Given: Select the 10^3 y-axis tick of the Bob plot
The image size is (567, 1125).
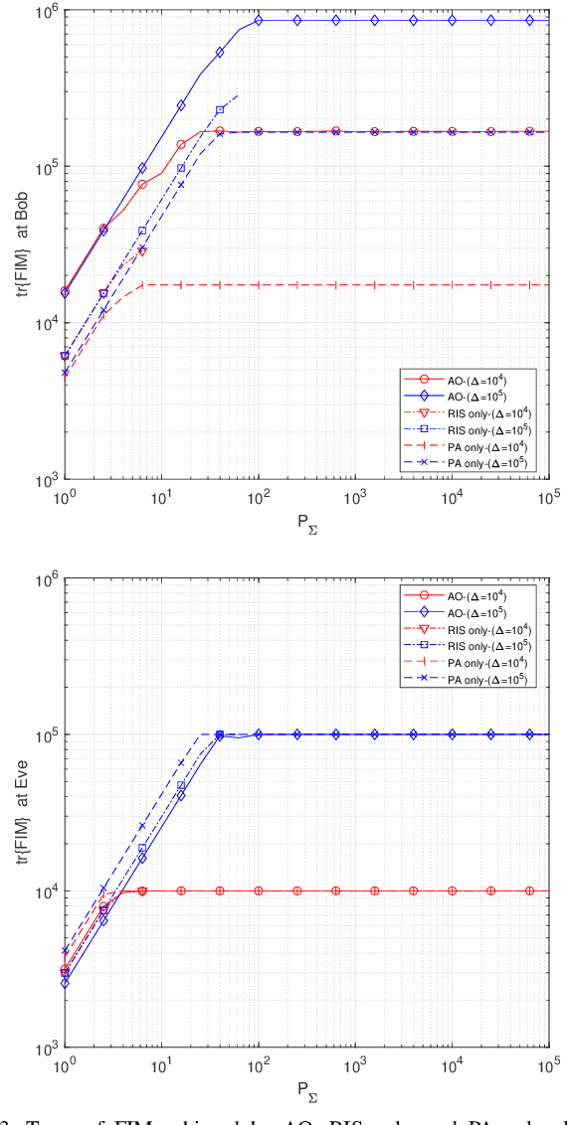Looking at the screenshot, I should pyautogui.click(x=44, y=480).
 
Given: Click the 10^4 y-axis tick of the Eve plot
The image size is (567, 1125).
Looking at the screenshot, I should pyautogui.click(x=44, y=891).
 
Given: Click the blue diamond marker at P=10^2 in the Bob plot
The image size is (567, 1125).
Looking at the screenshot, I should pyautogui.click(x=259, y=20).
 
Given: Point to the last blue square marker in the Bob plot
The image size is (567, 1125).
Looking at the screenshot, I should pyautogui.click(x=220, y=109).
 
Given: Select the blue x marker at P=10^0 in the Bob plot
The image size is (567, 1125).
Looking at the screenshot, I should pyautogui.click(x=65, y=372).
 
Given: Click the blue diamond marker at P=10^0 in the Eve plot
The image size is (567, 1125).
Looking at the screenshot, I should pyautogui.click(x=65, y=983).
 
